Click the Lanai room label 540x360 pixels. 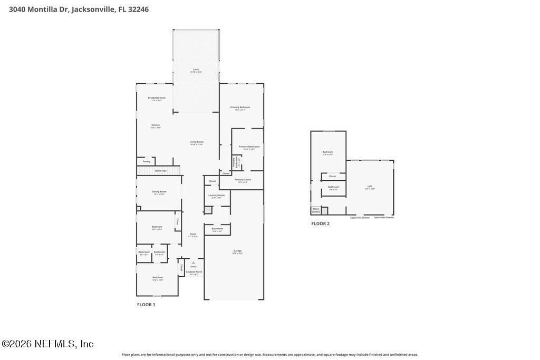[196, 70]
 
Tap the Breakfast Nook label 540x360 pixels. [157, 98]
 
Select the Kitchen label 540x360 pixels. [156, 125]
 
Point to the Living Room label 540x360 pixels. [197, 142]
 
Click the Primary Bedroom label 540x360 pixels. [240, 108]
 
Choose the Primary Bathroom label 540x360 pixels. [249, 147]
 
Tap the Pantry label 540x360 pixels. [147, 161]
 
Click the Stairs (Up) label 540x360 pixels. [160, 171]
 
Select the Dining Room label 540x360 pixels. [159, 192]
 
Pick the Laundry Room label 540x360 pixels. [216, 196]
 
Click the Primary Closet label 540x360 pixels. [243, 180]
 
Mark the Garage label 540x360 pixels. [237, 251]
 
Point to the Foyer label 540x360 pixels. [192, 234]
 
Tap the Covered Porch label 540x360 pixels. [194, 272]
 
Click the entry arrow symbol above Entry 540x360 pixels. [194, 262]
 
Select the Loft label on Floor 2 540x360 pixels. [370, 186]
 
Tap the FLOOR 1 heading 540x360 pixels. [146, 305]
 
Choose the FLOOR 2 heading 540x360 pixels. [320, 223]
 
